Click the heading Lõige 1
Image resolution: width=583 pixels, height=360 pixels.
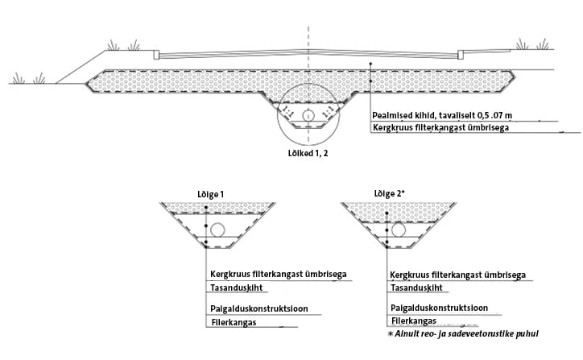click(x=210, y=195)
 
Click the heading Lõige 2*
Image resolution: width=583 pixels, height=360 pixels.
click(x=389, y=194)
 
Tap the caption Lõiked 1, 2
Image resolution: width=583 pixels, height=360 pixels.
click(x=308, y=153)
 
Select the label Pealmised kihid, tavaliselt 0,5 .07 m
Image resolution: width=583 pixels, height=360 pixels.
click(x=442, y=115)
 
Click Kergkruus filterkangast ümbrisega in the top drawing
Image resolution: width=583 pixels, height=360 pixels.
click(x=441, y=127)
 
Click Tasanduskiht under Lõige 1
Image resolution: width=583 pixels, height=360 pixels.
click(x=237, y=288)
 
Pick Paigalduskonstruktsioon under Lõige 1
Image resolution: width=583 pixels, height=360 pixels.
click(x=259, y=308)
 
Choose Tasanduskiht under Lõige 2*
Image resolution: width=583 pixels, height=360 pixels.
click(x=417, y=288)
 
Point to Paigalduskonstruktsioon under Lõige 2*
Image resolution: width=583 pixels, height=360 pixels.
click(x=439, y=308)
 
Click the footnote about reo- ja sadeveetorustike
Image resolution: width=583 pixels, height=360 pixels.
click(x=463, y=333)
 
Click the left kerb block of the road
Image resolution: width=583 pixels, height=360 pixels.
click(x=156, y=55)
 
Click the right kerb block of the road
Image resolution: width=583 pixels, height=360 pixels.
click(x=461, y=55)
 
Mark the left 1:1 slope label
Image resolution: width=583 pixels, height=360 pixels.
click(x=287, y=112)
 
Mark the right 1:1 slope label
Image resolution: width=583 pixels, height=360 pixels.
click(x=328, y=112)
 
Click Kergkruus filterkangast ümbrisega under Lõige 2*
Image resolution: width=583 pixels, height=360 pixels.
click(x=457, y=275)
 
